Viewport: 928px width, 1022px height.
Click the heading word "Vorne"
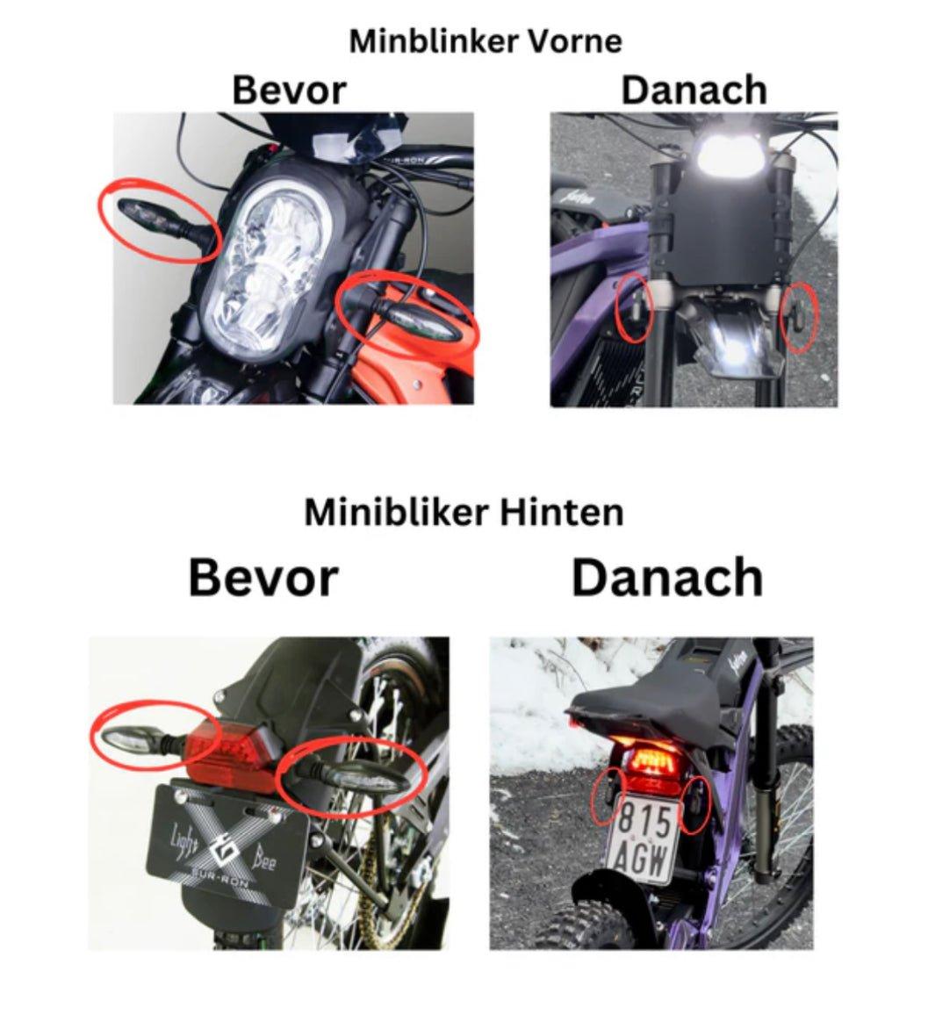click(x=573, y=42)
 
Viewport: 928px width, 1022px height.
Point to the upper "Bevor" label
click(x=289, y=90)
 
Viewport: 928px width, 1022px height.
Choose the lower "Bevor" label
click(x=263, y=578)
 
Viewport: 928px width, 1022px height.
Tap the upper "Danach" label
click(x=694, y=90)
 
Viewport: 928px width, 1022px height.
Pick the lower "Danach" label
click(x=667, y=578)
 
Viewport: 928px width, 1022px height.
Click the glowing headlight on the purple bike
click(x=730, y=150)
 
